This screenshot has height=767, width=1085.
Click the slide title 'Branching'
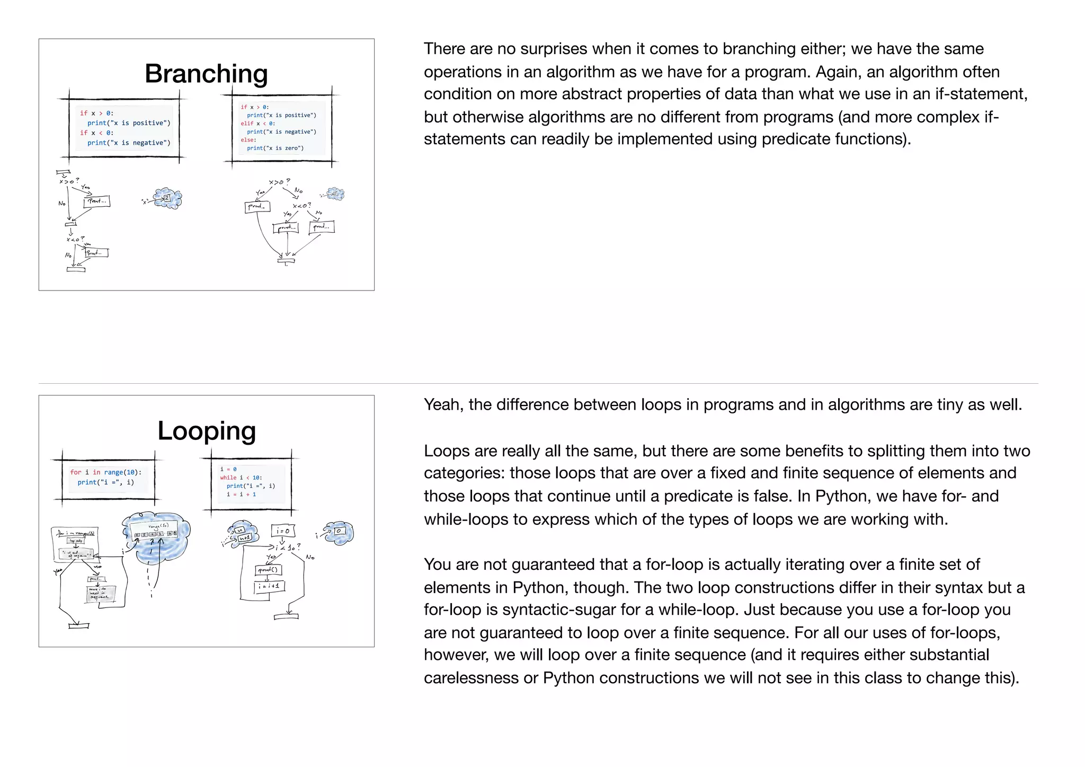(x=206, y=74)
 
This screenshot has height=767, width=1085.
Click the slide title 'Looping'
(x=207, y=430)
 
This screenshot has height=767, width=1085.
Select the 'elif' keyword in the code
(x=247, y=124)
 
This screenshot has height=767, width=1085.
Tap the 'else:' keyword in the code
(x=248, y=140)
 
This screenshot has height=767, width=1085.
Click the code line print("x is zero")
(x=275, y=148)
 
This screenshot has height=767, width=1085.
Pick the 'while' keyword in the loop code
(x=228, y=478)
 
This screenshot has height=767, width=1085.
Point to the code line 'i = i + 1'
(x=241, y=495)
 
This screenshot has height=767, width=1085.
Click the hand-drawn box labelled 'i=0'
(x=283, y=531)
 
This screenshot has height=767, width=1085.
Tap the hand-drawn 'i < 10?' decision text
(x=288, y=547)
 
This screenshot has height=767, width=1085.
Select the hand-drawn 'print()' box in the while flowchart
(x=269, y=570)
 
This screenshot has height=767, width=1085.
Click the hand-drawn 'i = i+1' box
(x=270, y=587)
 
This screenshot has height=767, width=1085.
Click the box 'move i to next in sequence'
(x=100, y=594)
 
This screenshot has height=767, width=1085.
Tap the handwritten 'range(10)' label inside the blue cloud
(x=158, y=526)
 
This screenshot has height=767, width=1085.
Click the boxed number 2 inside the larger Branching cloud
(x=166, y=198)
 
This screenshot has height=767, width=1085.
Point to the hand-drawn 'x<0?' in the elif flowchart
(x=301, y=206)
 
